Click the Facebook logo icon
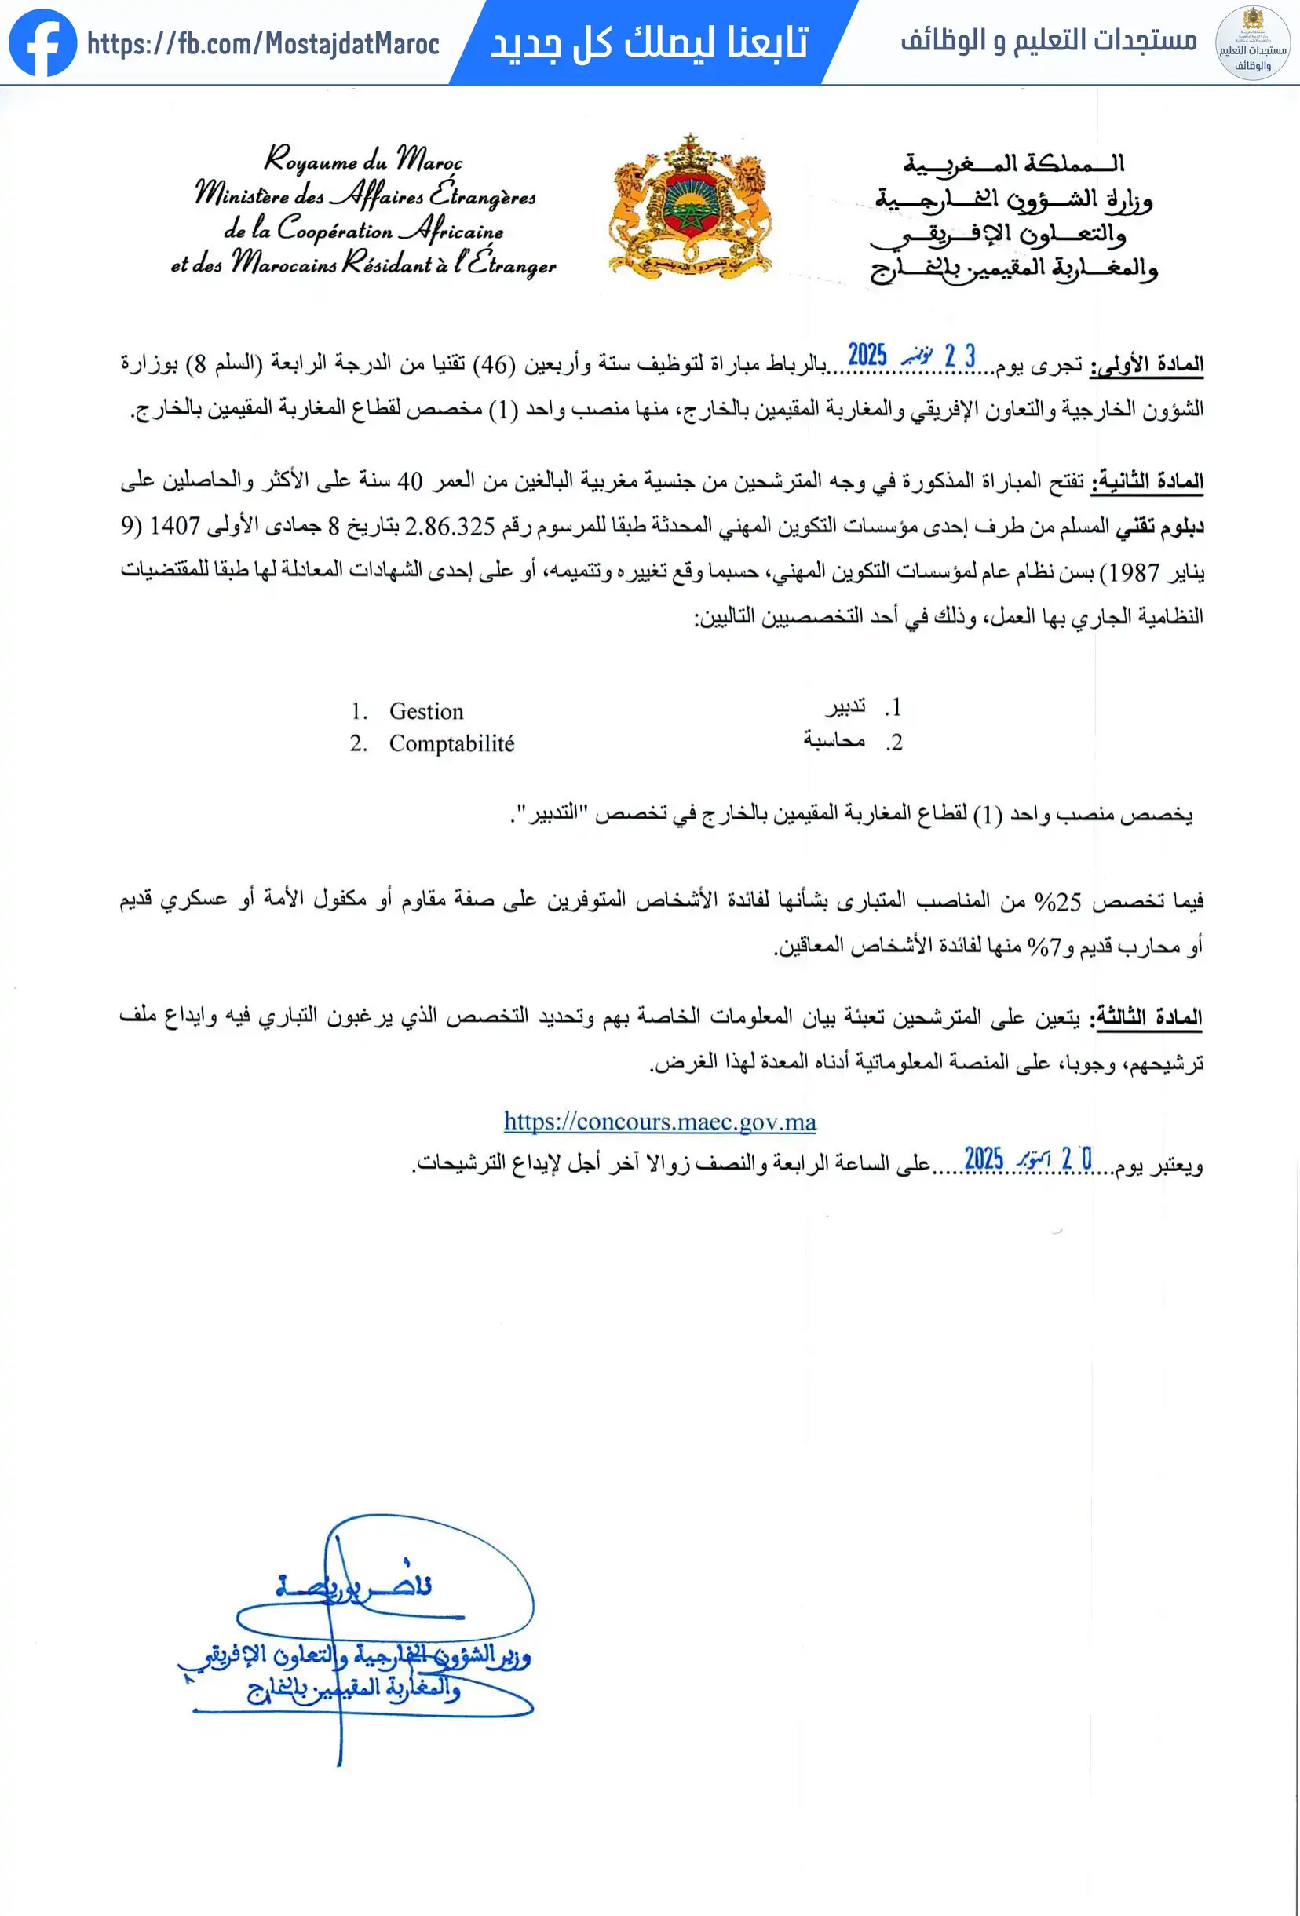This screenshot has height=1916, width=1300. pyautogui.click(x=42, y=43)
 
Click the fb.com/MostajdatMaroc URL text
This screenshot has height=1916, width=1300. pyautogui.click(x=263, y=44)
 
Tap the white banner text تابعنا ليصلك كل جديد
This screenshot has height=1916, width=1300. pyautogui.click(x=648, y=43)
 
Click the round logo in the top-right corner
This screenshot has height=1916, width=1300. pyautogui.click(x=1252, y=43)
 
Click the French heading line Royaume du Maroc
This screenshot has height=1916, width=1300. pyautogui.click(x=363, y=159)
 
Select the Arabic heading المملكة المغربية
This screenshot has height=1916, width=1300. pyautogui.click(x=1013, y=163)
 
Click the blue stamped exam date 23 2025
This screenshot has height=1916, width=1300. pyautogui.click(x=911, y=356)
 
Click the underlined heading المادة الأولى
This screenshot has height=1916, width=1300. pyautogui.click(x=1147, y=364)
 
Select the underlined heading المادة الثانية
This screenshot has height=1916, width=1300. pyautogui.click(x=1147, y=480)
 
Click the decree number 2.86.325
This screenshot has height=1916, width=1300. pyautogui.click(x=450, y=526)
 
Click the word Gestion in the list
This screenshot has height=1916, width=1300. pyautogui.click(x=426, y=710)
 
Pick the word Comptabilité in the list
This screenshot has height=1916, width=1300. pyautogui.click(x=451, y=743)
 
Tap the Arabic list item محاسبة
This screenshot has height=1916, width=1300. pyautogui.click(x=834, y=740)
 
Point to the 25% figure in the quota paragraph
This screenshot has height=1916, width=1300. pyautogui.click(x=1057, y=901)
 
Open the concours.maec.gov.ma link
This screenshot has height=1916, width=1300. pyautogui.click(x=659, y=1121)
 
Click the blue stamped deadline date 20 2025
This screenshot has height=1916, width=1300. pyautogui.click(x=1027, y=1159)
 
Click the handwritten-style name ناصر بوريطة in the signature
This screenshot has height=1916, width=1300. pyautogui.click(x=355, y=1586)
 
